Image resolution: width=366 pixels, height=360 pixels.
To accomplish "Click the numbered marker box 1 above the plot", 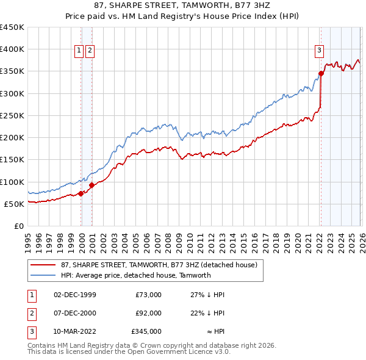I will tap(79, 51).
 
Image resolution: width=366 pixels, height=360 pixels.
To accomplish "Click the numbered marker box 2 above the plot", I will tap(90, 51).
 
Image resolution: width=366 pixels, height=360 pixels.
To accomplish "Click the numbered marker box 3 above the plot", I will tap(319, 51).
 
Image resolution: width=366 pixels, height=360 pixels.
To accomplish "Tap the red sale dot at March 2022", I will tap(321, 74).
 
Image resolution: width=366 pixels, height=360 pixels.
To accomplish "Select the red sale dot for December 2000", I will tap(91, 185).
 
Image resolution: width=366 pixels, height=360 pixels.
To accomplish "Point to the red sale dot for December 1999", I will tap(81, 193).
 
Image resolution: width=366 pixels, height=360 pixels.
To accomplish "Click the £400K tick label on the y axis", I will tap(12, 49).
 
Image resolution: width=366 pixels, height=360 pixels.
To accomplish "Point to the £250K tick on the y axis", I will tap(12, 115).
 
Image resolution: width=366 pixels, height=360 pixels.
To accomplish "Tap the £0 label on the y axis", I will tap(18, 226).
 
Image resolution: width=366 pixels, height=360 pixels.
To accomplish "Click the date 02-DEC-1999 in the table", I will tap(75, 295).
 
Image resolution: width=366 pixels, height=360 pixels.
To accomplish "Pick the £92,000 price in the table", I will tap(148, 313).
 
